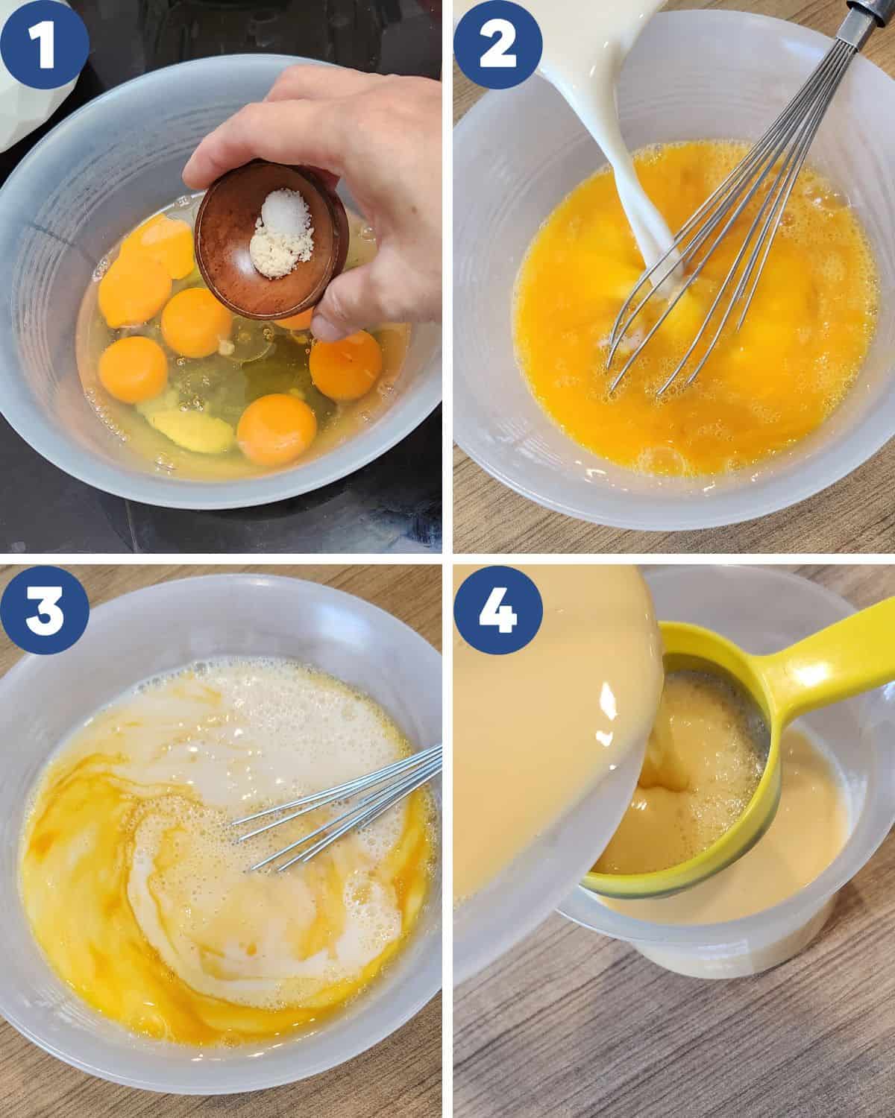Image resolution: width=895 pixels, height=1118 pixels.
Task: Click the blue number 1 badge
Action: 44,45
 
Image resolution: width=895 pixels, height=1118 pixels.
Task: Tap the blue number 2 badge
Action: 497,45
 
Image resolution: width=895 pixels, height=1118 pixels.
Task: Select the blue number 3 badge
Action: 44,610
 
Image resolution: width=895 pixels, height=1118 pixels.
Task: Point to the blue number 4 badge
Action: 497,610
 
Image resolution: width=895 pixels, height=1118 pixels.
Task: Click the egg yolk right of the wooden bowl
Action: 346,364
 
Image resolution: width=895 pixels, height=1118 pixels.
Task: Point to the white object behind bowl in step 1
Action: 31,68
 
